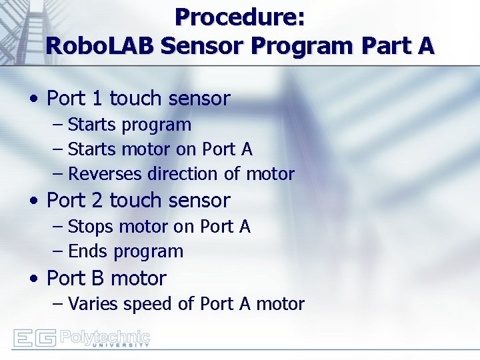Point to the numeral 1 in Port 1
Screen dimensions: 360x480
tap(97, 99)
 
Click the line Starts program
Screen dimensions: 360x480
tap(129, 125)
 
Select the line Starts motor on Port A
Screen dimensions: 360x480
tap(160, 149)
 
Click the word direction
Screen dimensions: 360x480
tap(183, 174)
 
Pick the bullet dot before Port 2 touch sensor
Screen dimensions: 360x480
tap(33, 201)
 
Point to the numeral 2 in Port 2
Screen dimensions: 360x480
tap(97, 200)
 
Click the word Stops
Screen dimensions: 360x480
tap(91, 227)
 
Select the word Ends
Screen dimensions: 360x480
tap(89, 251)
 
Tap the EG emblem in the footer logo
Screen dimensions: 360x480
tap(34, 337)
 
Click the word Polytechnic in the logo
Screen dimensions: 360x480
tap(105, 335)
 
